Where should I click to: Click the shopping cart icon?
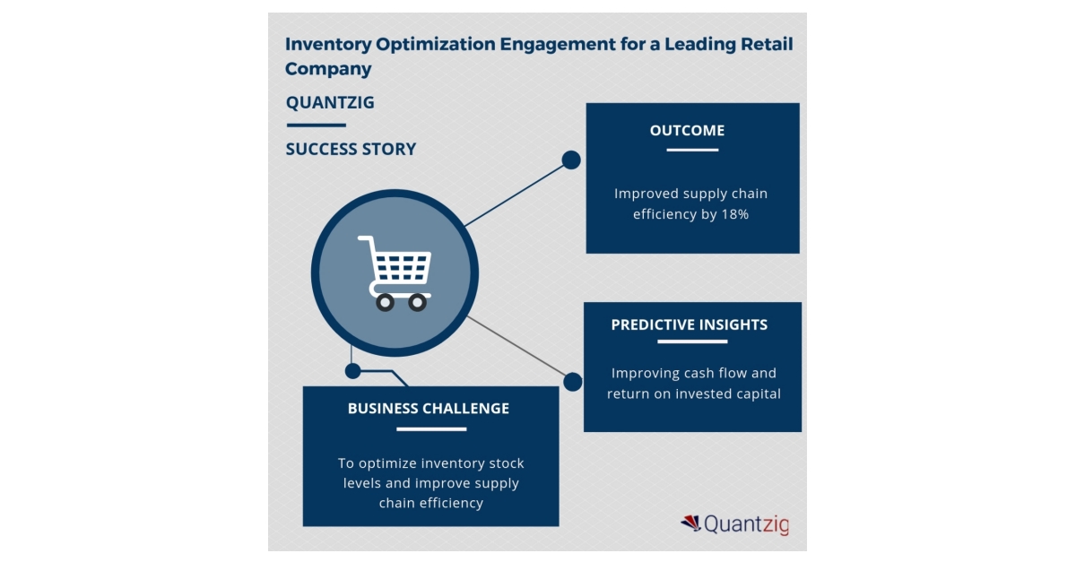coord(395,272)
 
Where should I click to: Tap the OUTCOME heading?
coord(687,131)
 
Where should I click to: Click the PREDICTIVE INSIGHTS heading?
coord(689,324)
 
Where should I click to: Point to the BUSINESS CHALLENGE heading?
coord(429,409)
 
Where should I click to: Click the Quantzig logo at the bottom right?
coord(734,524)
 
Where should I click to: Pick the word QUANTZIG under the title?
coord(330,102)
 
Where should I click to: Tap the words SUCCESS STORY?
coord(351,149)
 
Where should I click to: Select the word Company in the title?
coord(328,69)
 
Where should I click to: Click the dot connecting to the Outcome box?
coord(570,160)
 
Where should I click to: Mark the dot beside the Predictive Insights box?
coord(572,382)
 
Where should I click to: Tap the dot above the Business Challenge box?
coord(353,369)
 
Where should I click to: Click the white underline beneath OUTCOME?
coord(692,150)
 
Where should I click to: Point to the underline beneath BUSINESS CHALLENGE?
coord(431,429)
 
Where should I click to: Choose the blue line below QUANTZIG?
coord(316,125)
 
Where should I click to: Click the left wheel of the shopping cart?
coord(385,303)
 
